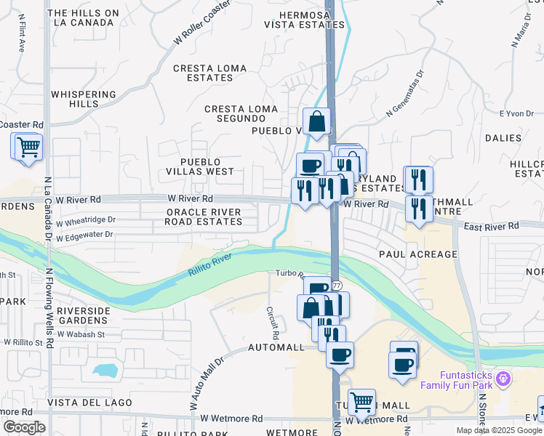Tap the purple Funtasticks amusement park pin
tap(503, 378)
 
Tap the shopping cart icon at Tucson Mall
tap(361, 401)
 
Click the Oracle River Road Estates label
tap(204, 217)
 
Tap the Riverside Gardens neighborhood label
tap(84, 315)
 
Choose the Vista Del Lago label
tap(90, 403)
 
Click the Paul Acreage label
tap(418, 254)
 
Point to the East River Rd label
tap(493, 227)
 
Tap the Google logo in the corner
tap(24, 427)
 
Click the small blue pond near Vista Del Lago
tap(105, 371)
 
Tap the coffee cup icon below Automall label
tap(340, 355)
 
